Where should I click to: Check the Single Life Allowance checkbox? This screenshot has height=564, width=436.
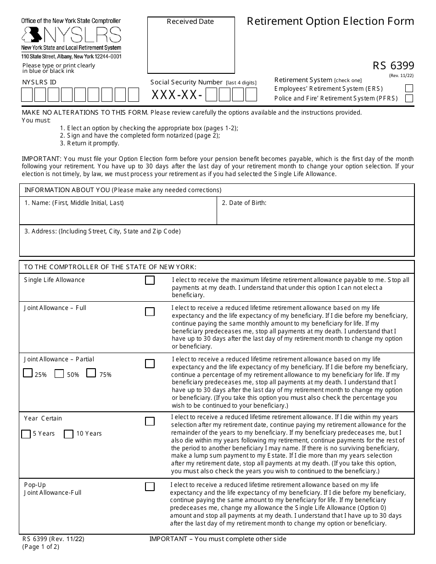tap(150, 280)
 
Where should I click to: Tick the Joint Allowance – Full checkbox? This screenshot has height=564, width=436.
tap(150, 312)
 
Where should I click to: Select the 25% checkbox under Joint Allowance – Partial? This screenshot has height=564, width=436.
tap(28, 373)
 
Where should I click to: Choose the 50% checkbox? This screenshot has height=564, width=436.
tap(59, 373)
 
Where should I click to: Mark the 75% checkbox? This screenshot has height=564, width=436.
tap(91, 373)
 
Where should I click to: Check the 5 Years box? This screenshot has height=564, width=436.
tap(26, 434)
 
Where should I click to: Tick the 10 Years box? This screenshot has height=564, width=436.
tap(68, 434)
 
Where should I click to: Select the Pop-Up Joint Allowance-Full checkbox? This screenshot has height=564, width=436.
tap(150, 487)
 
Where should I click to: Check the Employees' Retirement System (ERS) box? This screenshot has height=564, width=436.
tap(409, 88)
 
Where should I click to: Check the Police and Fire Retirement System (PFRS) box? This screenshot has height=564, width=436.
tap(409, 98)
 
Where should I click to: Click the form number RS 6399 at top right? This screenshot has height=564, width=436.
tap(393, 66)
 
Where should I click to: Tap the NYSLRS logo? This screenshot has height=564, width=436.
tap(71, 34)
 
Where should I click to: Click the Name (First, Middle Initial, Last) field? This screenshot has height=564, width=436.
tap(117, 214)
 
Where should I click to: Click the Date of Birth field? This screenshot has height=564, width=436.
tap(315, 214)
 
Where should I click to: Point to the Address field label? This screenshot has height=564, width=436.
tap(102, 232)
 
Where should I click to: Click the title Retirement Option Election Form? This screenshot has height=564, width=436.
tap(330, 22)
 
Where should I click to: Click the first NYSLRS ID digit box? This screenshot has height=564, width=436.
tap(27, 95)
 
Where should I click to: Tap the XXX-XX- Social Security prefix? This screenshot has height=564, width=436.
tap(177, 95)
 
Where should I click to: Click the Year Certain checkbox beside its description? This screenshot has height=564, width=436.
tap(150, 421)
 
